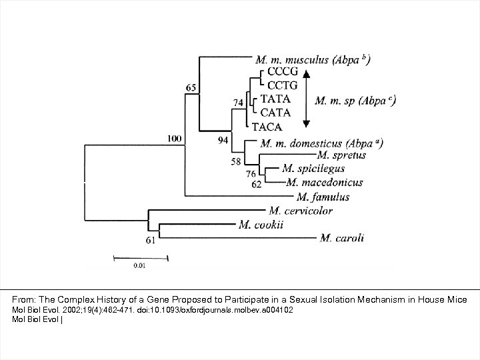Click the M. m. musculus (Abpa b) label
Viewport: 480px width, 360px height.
313,59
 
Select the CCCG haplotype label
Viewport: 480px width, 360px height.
283,72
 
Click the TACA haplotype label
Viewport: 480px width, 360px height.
267,126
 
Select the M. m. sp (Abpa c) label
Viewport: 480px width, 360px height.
355,101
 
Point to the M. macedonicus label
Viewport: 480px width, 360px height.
325,182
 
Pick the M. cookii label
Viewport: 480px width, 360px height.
261,225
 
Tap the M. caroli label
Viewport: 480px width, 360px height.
342,238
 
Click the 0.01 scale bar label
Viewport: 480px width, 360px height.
139,265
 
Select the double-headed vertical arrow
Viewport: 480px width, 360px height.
305,99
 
